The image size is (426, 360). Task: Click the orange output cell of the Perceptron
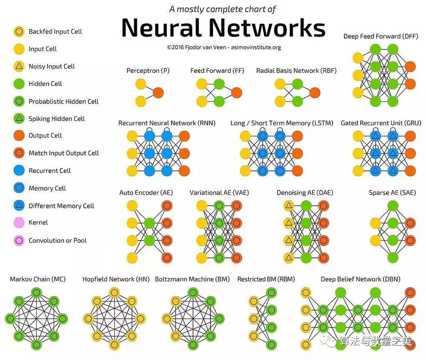pos(158,92)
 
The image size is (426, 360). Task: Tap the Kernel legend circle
pos(18,223)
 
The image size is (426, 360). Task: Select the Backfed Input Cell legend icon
pos(18,32)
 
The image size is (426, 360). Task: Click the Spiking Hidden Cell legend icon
pos(18,118)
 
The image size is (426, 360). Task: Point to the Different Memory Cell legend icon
pos(18,206)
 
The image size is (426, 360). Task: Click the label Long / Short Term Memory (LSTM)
pos(282,123)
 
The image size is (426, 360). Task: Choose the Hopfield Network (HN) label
pos(116,279)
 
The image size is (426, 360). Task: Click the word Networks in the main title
pos(267,28)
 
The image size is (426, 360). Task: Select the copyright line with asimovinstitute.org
pos(224,47)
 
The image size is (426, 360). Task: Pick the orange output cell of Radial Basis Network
pos(315,92)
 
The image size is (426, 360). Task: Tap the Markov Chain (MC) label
pos(37,279)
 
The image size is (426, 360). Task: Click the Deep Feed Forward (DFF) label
pos(378,37)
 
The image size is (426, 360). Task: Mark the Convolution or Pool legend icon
pos(18,241)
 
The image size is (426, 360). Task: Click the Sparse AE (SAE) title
pos(392,193)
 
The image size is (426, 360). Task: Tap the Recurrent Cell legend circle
pos(18,171)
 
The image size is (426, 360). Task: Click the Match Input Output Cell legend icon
pos(18,153)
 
